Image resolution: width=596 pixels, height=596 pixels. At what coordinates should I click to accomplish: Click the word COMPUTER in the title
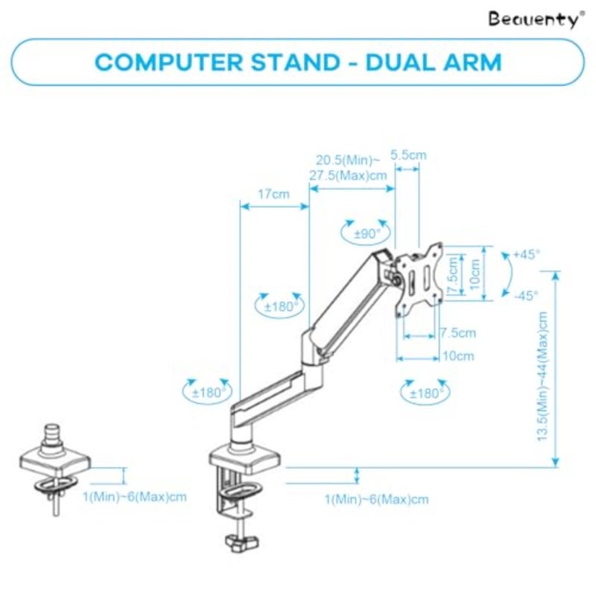pyautogui.click(x=168, y=62)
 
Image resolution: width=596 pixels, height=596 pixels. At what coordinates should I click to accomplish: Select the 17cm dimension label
pyautogui.click(x=273, y=194)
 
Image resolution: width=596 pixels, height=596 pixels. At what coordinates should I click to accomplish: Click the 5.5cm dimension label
pyautogui.click(x=408, y=155)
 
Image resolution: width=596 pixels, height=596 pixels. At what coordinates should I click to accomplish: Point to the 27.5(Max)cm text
pyautogui.click(x=348, y=176)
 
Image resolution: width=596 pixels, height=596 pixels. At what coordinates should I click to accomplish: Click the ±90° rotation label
pyautogui.click(x=367, y=234)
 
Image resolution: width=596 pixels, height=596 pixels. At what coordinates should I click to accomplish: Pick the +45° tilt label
pyautogui.click(x=526, y=254)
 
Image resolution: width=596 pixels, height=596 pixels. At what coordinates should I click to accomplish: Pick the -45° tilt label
pyautogui.click(x=527, y=295)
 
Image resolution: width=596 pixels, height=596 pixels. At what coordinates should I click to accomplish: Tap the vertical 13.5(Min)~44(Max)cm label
pyautogui.click(x=542, y=376)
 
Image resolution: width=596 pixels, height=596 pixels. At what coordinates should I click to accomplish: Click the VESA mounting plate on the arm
pyautogui.click(x=419, y=279)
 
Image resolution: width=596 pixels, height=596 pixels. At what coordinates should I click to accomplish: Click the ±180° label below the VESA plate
pyautogui.click(x=425, y=393)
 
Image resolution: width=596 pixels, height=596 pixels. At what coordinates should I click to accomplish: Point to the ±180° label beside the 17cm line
pyautogui.click(x=279, y=306)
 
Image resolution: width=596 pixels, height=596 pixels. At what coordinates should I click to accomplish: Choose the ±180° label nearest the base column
pyautogui.click(x=208, y=393)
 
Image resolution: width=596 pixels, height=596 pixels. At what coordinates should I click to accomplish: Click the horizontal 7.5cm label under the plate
pyautogui.click(x=458, y=333)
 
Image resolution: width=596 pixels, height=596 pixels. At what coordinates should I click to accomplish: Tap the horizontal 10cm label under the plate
pyautogui.click(x=458, y=356)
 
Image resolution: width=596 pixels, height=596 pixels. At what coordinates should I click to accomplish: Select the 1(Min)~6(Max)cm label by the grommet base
pyautogui.click(x=135, y=497)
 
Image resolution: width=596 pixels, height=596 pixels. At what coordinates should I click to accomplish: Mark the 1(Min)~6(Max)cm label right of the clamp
pyautogui.click(x=377, y=499)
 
